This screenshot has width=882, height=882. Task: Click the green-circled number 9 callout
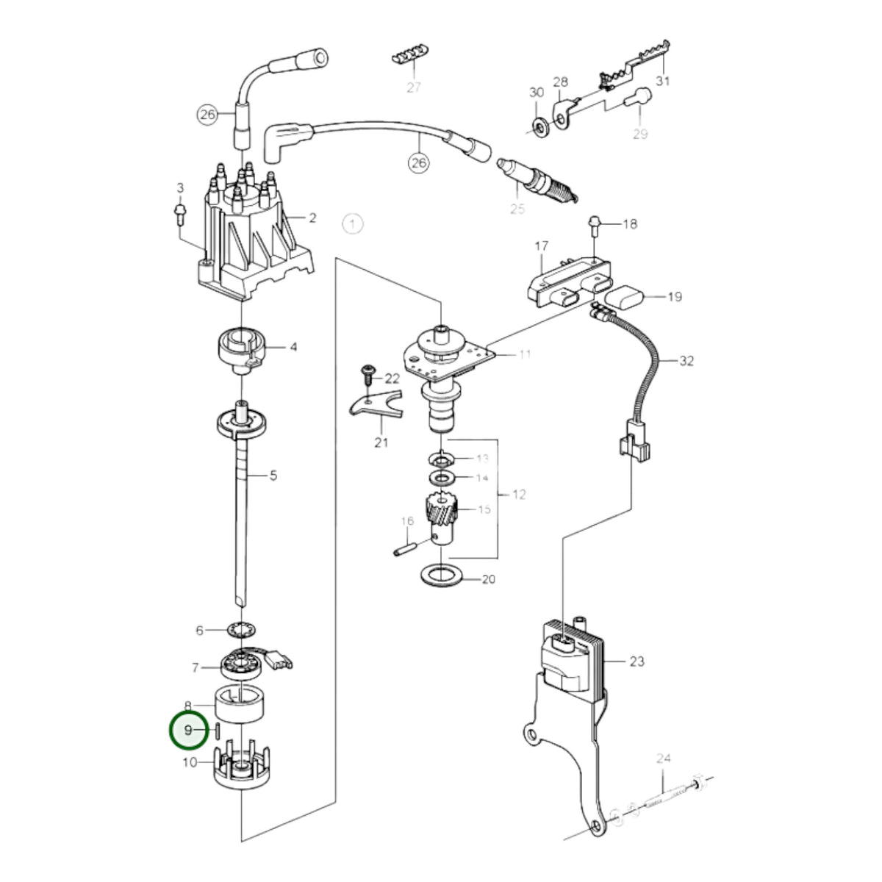[x=188, y=743]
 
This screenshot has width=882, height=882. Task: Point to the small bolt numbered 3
[x=180, y=215]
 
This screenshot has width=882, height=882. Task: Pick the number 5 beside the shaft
[x=273, y=476]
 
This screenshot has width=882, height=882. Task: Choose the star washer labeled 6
[x=242, y=631]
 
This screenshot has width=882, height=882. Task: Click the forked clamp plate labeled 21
[x=376, y=404]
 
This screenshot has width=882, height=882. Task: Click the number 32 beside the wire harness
[x=686, y=361]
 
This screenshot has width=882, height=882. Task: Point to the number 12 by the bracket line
[x=519, y=495]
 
